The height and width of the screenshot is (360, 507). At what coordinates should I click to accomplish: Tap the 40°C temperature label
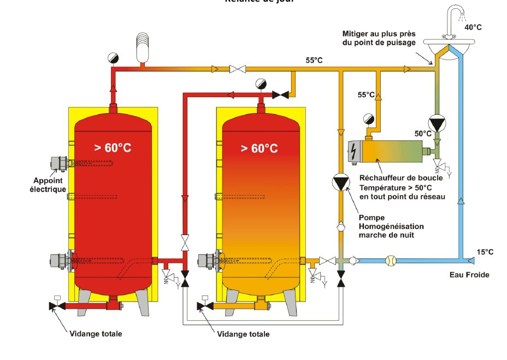pos(473,26)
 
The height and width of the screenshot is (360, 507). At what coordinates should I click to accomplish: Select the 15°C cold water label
pos(485,252)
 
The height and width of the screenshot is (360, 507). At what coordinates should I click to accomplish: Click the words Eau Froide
pos(469,275)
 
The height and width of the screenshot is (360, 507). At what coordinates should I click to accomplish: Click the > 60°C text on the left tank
pos(113,147)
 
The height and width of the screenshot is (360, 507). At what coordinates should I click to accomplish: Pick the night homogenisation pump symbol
pos(340,182)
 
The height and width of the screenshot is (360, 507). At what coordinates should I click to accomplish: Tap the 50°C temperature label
pos(423,133)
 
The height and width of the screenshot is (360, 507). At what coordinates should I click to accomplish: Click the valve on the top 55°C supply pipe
pos(237,69)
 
